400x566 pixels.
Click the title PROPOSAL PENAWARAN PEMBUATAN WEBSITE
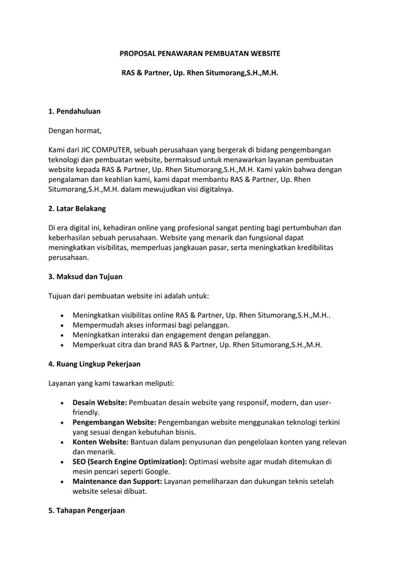(200, 54)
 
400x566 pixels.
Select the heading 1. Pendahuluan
(74, 111)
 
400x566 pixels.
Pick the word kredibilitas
(310, 247)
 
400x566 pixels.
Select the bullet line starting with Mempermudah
(150, 324)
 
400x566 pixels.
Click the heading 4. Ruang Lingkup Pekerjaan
(94, 363)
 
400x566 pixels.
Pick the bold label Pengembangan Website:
(114, 422)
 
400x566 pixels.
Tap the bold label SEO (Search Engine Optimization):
(130, 461)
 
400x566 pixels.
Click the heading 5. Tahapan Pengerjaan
(87, 510)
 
